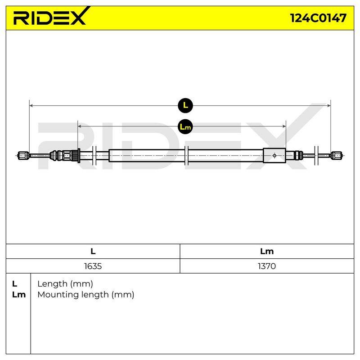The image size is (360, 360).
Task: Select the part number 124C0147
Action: pyautogui.click(x=318, y=18)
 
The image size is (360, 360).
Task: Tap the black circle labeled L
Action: pyautogui.click(x=185, y=105)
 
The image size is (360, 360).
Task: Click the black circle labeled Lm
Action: pyautogui.click(x=185, y=126)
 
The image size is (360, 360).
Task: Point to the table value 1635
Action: pyautogui.click(x=93, y=266)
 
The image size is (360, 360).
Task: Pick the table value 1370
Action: pyautogui.click(x=266, y=266)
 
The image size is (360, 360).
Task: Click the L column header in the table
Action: pyautogui.click(x=93, y=252)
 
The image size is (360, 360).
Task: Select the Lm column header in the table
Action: pyautogui.click(x=267, y=252)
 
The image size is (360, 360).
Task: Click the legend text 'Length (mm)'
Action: pyautogui.click(x=65, y=284)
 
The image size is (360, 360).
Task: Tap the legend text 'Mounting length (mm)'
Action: pyautogui.click(x=86, y=295)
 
